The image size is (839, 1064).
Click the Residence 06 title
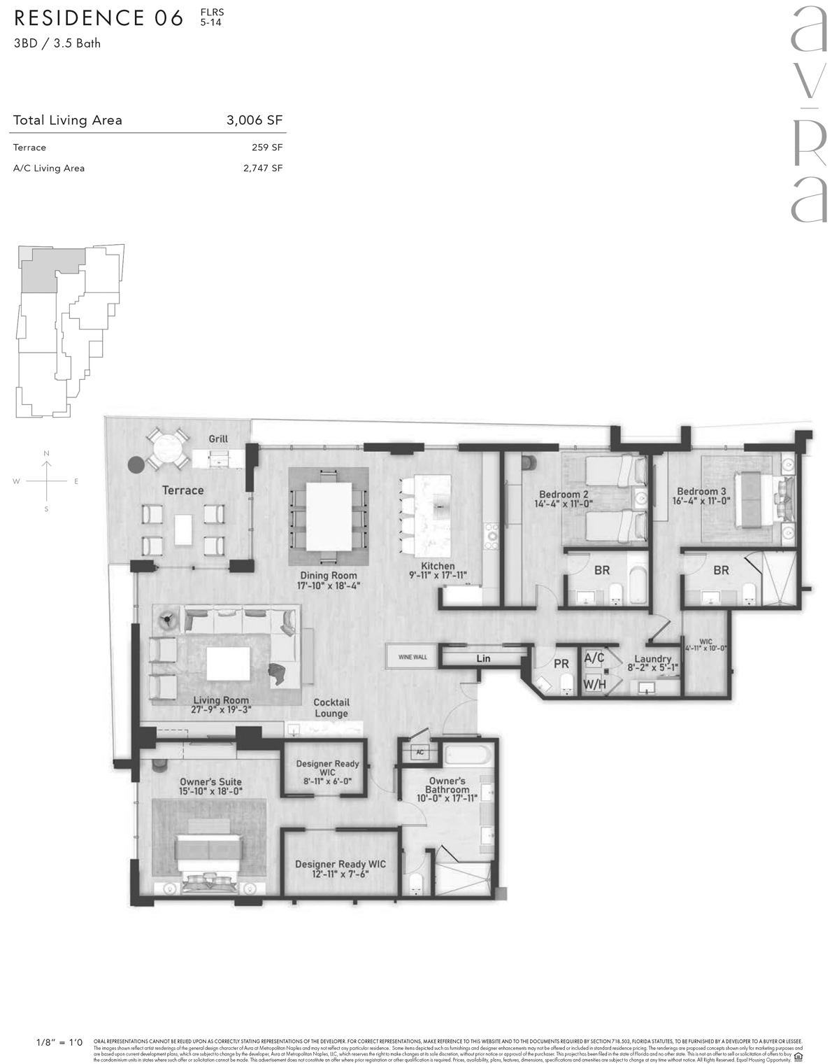tap(99, 18)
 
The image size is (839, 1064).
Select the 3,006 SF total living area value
tap(254, 120)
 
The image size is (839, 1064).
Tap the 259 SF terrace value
tap(267, 148)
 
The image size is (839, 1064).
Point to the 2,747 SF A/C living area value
tap(263, 169)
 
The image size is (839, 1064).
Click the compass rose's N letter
tap(47, 454)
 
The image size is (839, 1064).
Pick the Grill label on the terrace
tap(218, 439)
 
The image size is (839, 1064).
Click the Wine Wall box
tap(413, 657)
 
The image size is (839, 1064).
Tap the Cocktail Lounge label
tap(331, 708)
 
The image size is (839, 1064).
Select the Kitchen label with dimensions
tap(438, 571)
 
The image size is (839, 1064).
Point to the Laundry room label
tap(652, 663)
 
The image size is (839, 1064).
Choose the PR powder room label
tap(561, 664)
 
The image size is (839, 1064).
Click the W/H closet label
tap(594, 684)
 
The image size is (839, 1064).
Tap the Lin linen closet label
tap(483, 658)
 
